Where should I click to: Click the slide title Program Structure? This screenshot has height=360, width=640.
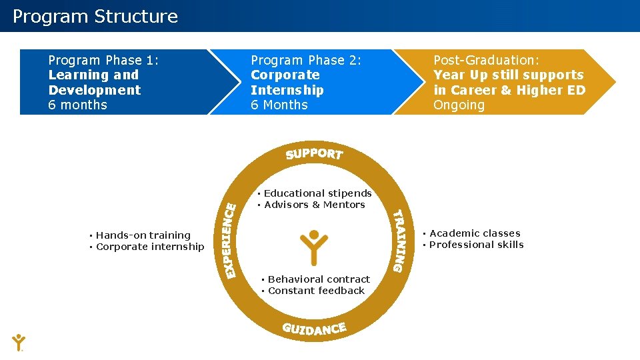[x=95, y=17]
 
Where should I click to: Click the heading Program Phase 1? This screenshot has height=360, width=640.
[x=103, y=61]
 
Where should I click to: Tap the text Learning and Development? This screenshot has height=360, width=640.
[x=94, y=83]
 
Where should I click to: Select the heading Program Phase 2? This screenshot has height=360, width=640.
[x=306, y=61]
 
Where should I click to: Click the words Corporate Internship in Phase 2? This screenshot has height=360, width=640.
[x=287, y=83]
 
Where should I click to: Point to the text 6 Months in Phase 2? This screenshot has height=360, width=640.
[x=279, y=105]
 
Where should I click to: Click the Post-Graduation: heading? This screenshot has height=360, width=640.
[x=487, y=61]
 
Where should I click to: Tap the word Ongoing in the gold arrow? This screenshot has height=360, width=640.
[x=459, y=105]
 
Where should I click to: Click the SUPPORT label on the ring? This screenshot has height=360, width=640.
[x=314, y=154]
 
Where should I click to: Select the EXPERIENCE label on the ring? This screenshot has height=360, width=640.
[x=230, y=240]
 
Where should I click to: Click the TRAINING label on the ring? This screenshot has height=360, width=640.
[x=398, y=240]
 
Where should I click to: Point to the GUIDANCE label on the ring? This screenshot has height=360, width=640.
[x=314, y=329]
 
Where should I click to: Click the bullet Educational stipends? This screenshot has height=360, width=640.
[x=317, y=193]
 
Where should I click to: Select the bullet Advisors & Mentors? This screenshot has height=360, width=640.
[x=314, y=205]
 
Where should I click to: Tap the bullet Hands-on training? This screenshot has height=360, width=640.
[x=143, y=235]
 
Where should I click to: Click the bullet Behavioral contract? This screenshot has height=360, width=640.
[x=318, y=279]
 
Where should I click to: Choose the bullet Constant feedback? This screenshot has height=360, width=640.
[x=316, y=291]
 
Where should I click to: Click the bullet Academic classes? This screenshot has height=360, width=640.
[x=475, y=233]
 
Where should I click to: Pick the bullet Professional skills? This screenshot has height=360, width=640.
[x=476, y=245]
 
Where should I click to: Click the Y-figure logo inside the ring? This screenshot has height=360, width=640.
[x=314, y=247]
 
